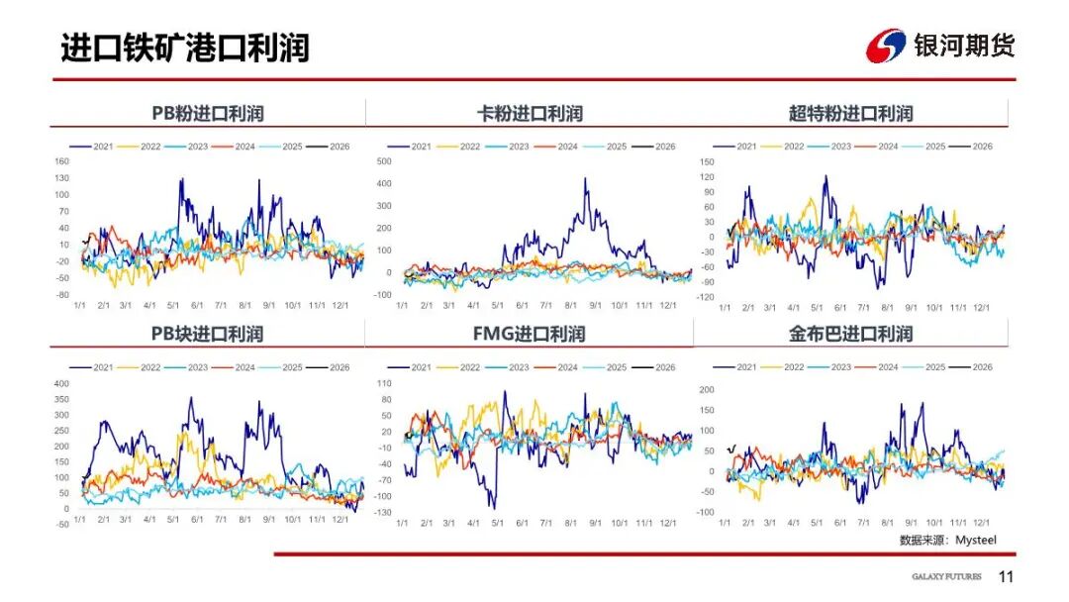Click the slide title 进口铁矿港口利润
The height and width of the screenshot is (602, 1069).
point(184,48)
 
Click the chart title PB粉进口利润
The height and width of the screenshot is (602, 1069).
point(207,113)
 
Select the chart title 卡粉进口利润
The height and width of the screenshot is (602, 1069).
point(530,113)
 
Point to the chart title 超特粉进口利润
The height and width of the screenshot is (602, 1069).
point(850,113)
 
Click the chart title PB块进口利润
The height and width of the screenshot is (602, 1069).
point(207,334)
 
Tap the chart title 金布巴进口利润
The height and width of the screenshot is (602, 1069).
point(850,334)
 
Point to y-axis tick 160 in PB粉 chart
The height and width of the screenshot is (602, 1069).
point(61,161)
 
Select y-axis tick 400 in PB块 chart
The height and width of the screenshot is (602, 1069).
point(61,383)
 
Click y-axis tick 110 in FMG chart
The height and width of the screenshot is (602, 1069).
point(385,383)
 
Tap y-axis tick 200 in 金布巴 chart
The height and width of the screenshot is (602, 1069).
point(706,389)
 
